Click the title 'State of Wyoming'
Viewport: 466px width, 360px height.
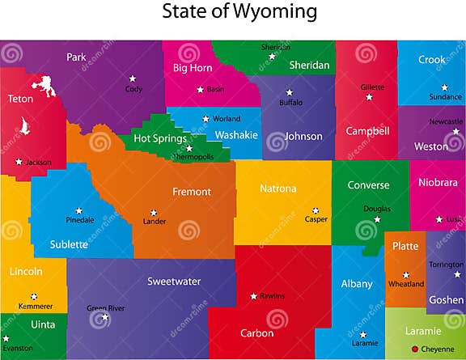(239, 12)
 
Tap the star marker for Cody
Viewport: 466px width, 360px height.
(132, 78)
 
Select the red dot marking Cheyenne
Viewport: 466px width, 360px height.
(415, 349)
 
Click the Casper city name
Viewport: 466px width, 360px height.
(316, 219)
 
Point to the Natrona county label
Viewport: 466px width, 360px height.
(277, 188)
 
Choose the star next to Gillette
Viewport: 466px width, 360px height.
(369, 97)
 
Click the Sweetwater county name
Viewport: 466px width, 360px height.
(174, 282)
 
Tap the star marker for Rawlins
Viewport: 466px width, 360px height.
(253, 295)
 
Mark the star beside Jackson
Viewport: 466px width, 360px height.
(19, 162)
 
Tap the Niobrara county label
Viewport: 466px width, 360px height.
(438, 182)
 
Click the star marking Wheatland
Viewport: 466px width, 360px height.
(406, 274)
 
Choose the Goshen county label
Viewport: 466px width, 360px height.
(446, 299)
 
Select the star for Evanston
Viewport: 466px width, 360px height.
(6, 338)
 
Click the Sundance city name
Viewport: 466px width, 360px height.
(446, 97)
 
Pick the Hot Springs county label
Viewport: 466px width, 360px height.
(159, 138)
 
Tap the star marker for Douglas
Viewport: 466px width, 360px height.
(377, 218)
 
